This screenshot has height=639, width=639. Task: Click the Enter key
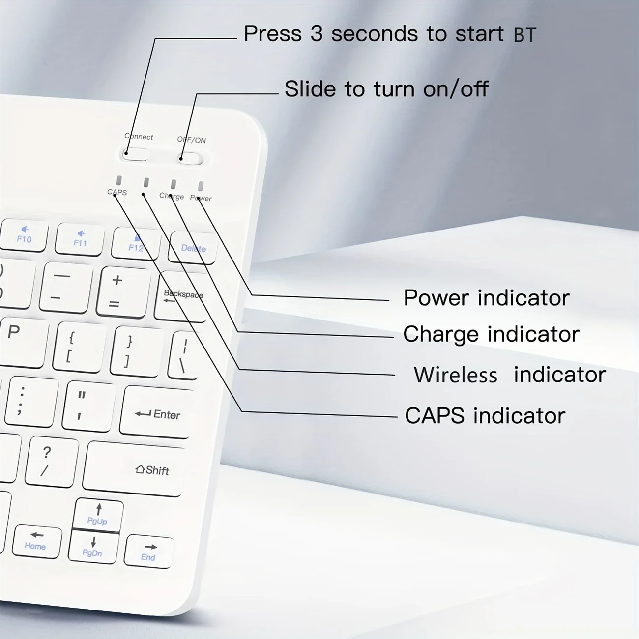157,412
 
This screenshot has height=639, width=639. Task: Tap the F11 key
80,239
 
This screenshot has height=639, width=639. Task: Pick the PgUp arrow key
97,515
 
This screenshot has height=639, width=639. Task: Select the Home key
36,541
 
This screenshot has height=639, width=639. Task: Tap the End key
149,552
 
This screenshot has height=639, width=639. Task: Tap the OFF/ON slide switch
190,158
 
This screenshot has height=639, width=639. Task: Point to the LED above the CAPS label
119,180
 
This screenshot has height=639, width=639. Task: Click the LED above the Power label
201,186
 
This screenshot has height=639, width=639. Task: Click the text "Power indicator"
486,298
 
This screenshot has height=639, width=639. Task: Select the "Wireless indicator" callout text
509,375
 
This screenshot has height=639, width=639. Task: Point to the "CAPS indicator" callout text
485,416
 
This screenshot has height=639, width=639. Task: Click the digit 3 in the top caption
316,34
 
